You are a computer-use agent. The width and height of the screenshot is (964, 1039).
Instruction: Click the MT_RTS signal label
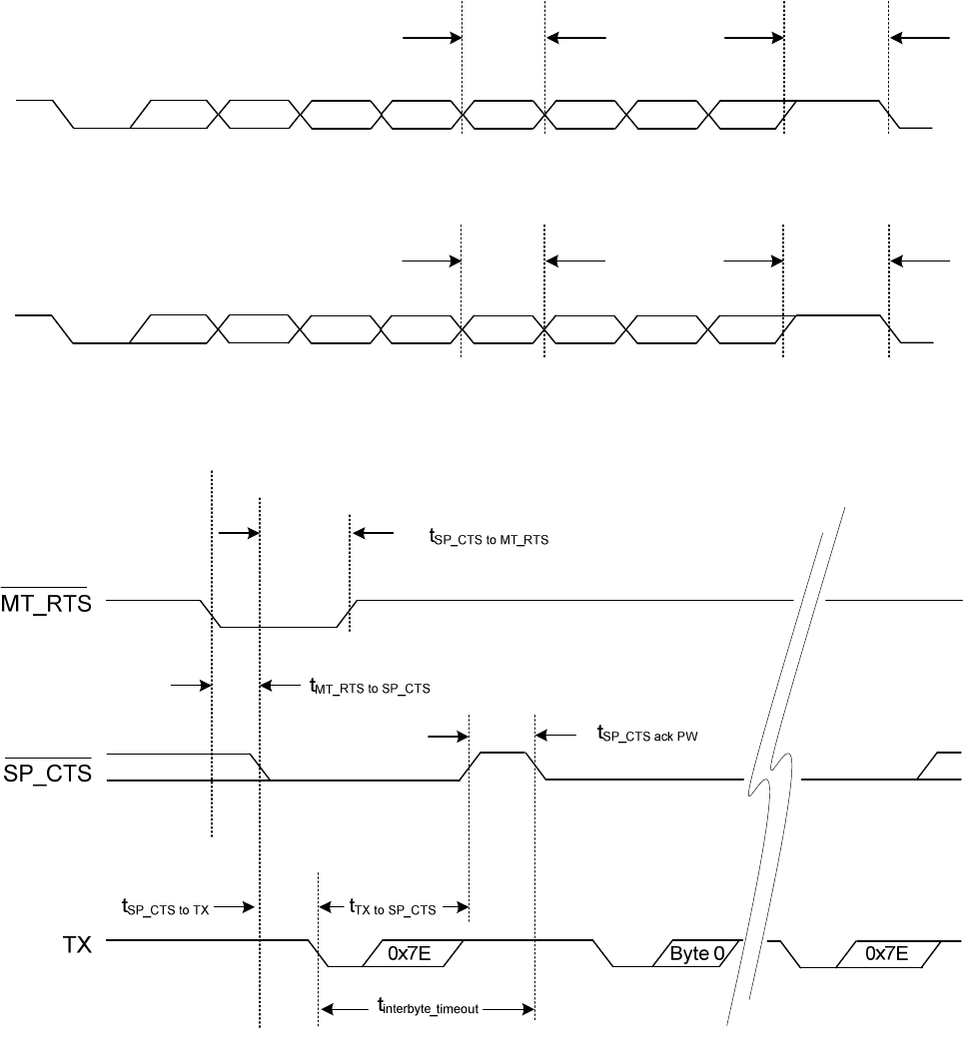(x=45, y=603)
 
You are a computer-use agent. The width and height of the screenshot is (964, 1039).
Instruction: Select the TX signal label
(x=75, y=943)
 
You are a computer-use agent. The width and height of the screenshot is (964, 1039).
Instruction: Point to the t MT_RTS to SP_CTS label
(x=371, y=688)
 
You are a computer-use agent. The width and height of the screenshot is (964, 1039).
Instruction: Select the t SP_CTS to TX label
(x=166, y=907)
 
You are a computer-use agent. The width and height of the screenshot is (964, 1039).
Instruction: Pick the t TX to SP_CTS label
(x=393, y=907)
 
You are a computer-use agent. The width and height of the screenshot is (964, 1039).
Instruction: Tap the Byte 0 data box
(x=693, y=953)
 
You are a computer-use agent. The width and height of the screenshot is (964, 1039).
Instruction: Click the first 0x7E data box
(x=412, y=953)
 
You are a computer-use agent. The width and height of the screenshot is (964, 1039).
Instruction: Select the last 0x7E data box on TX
(x=886, y=953)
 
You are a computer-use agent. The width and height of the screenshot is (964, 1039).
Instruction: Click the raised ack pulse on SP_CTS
(x=502, y=754)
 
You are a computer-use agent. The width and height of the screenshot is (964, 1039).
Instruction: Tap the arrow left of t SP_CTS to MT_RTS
(x=375, y=533)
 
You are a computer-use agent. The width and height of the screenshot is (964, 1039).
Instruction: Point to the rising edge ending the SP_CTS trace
(x=926, y=766)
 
